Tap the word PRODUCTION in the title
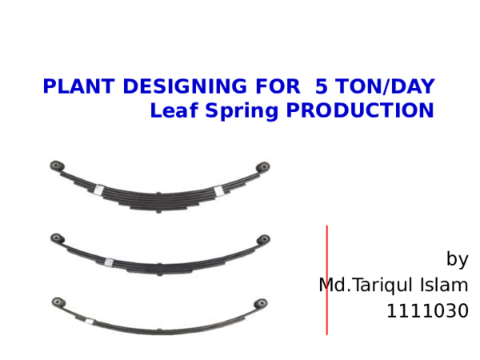pyautogui.click(x=360, y=110)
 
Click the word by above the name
pyautogui.click(x=457, y=260)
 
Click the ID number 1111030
pyautogui.click(x=427, y=311)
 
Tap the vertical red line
pyautogui.click(x=326, y=280)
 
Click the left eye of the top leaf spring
pyautogui.click(x=57, y=166)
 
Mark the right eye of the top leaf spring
pyautogui.click(x=262, y=167)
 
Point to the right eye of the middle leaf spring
pyautogui.click(x=263, y=238)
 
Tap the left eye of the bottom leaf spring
pyautogui.click(x=57, y=302)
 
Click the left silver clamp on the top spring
pyautogui.click(x=98, y=190)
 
